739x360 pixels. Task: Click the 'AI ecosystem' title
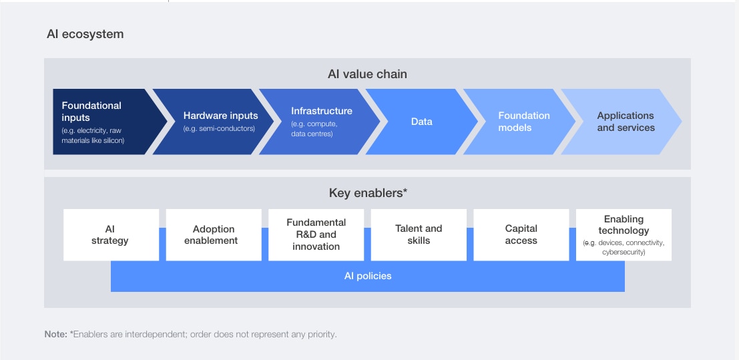point(85,34)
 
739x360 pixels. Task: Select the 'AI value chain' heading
point(367,74)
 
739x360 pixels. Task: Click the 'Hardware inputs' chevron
point(212,122)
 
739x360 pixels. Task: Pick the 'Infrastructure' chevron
point(317,122)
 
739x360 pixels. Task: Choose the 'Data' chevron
point(421,122)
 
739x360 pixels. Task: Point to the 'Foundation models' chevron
point(523,122)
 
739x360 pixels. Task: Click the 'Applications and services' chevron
point(625,122)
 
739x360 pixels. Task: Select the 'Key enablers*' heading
point(368,193)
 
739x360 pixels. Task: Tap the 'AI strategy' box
point(111,234)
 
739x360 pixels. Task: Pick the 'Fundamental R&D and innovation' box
point(316,234)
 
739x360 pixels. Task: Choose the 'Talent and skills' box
point(419,234)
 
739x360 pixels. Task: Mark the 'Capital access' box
point(521,234)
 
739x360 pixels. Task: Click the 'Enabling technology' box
point(624,234)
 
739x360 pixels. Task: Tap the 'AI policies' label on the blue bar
point(368,276)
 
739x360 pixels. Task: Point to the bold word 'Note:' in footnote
point(55,334)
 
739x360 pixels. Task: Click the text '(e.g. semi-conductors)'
point(219,128)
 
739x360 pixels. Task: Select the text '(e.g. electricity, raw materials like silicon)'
point(93,136)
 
